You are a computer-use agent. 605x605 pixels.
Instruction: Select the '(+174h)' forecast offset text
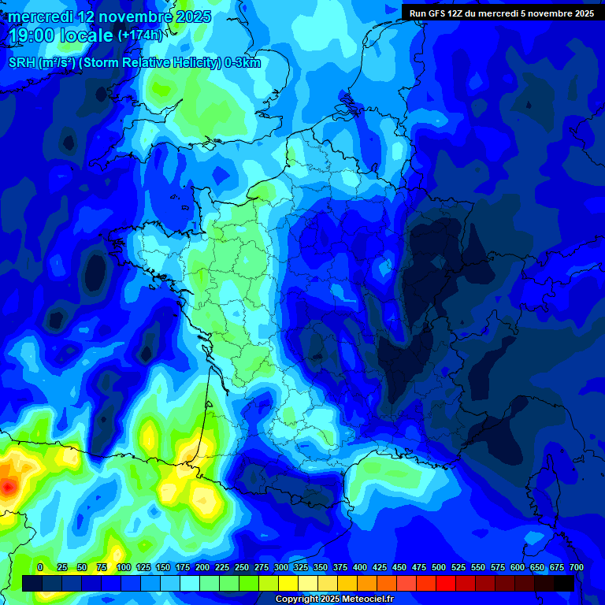click(139, 35)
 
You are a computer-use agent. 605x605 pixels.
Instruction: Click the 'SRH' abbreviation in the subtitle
click(21, 63)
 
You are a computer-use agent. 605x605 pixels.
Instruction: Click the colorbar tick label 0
click(40, 567)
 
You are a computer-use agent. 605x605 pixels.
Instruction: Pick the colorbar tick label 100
click(123, 567)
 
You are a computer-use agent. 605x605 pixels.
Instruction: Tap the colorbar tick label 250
click(242, 567)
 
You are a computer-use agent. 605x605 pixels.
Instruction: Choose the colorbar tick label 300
click(281, 567)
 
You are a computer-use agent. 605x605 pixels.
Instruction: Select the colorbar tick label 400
click(360, 567)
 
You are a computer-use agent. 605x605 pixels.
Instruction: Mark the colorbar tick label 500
click(439, 567)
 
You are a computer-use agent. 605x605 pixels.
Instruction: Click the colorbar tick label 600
click(518, 567)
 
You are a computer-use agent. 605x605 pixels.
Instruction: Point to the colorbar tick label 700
click(576, 567)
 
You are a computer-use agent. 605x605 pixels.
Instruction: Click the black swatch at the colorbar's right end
click(564, 583)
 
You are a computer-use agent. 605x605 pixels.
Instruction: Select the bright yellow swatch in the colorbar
click(288, 583)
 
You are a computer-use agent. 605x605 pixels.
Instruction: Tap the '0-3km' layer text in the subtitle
click(243, 63)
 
